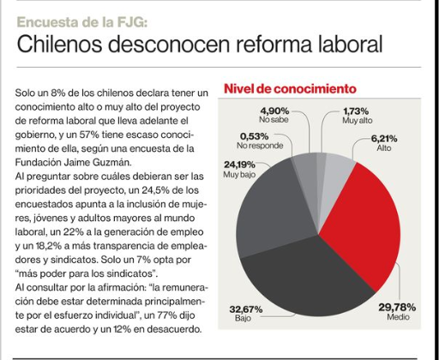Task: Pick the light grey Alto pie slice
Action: pos(337,177)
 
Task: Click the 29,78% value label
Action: pos(397,307)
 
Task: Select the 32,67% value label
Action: pos(246,309)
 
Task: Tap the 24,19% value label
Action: pos(239,165)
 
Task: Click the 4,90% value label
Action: pos(274,111)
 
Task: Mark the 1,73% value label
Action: pos(356,111)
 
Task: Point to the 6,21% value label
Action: pos(384,139)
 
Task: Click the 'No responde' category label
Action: pos(260,146)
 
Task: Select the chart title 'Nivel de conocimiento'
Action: pos(290,89)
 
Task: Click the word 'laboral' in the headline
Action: pos(349,45)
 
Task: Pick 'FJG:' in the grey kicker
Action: pos(132,22)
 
